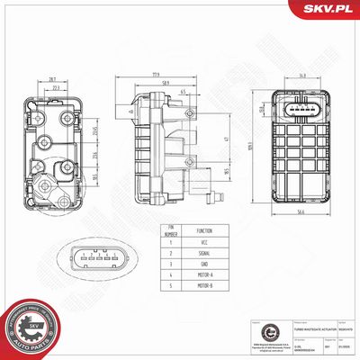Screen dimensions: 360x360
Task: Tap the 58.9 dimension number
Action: [x=163, y=84]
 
